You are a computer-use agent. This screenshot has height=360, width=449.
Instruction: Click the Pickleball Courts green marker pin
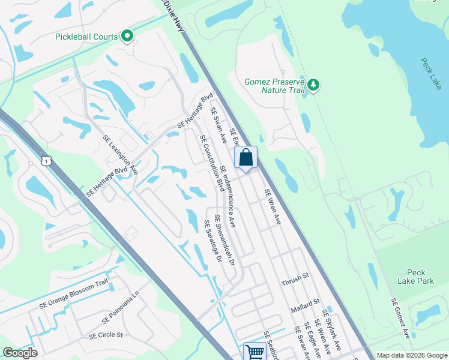coord(127,37)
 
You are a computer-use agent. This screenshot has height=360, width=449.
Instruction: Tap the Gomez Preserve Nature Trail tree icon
coord(313,85)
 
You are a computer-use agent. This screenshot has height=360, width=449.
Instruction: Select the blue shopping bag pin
coord(246,158)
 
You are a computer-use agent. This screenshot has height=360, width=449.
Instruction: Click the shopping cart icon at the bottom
coord(255,352)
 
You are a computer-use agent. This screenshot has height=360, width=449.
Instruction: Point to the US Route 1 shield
coord(46,161)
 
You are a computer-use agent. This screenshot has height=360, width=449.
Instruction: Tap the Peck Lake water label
coord(431,74)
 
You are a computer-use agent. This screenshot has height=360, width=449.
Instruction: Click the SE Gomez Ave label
coord(400,318)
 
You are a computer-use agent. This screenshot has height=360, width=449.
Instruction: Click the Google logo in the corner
coord(20,353)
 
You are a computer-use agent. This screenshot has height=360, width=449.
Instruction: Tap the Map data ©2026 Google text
coord(411,355)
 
